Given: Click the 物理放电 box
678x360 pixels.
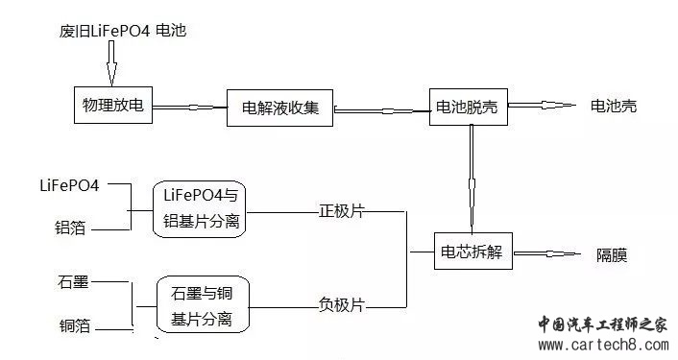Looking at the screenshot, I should click(x=113, y=105).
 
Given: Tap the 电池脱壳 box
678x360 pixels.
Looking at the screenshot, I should click(x=469, y=106).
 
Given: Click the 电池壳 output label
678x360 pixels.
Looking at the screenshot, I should click(x=613, y=106).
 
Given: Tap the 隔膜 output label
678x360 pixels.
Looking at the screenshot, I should click(x=612, y=255).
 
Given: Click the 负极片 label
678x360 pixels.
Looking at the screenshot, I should click(x=343, y=304).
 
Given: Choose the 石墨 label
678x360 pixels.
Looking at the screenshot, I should click(x=73, y=282).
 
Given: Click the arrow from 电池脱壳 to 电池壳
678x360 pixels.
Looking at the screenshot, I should click(x=542, y=106).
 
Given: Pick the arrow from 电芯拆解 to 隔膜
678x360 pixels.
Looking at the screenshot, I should click(x=548, y=254).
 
